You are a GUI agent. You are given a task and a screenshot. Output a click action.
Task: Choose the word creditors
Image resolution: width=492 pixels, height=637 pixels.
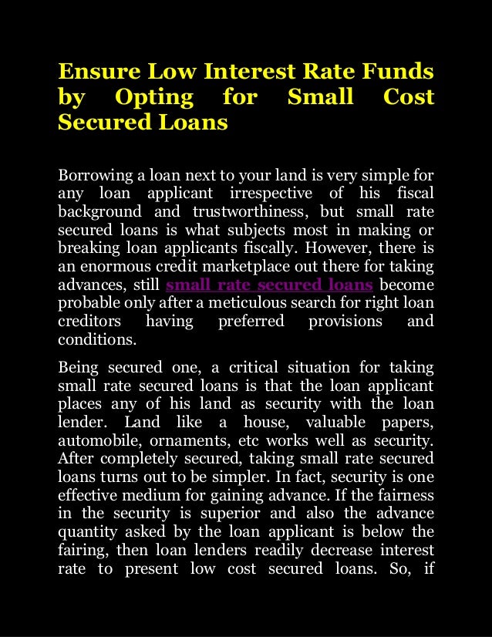coord(88,321)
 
